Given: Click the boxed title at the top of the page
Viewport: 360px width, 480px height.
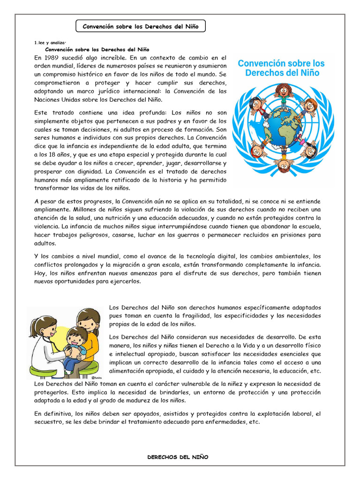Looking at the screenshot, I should [141, 27].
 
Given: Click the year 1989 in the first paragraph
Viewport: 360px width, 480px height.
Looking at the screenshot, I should [52, 57].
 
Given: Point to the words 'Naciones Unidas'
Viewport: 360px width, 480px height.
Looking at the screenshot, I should [58, 99].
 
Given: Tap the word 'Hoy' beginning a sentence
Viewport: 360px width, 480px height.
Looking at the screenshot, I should [41, 273].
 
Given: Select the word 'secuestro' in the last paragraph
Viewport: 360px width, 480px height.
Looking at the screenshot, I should [49, 421].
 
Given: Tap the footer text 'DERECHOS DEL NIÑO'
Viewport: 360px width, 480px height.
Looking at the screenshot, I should [178, 457].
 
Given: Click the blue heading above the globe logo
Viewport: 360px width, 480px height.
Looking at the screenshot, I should [281, 68].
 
